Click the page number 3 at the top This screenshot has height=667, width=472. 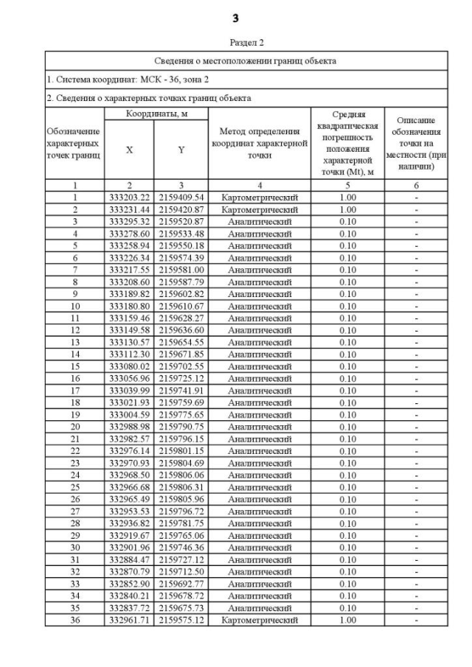(x=236, y=17)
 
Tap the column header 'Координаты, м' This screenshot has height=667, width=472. (x=156, y=114)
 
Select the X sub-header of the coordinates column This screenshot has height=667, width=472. (x=130, y=150)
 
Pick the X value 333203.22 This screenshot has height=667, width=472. (x=130, y=198)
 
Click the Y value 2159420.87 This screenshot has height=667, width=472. (x=181, y=209)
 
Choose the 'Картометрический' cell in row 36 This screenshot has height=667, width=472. (x=259, y=621)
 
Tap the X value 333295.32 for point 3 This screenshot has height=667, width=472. (x=130, y=222)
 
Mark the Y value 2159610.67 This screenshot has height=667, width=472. (x=181, y=306)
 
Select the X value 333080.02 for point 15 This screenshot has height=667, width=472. (x=130, y=366)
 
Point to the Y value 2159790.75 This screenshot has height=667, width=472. (x=181, y=427)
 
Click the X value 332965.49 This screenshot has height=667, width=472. (x=130, y=500)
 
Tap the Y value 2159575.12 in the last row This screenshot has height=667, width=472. (x=181, y=621)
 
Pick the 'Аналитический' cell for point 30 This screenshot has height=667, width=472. (x=259, y=548)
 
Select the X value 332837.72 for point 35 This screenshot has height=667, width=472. (x=130, y=608)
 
